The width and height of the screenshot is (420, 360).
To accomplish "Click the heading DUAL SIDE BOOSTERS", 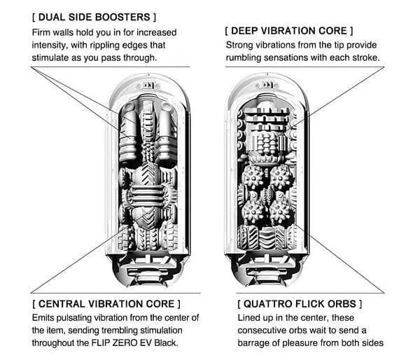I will tap(94, 15).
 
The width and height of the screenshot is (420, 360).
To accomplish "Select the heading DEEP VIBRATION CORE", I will tap(289, 31).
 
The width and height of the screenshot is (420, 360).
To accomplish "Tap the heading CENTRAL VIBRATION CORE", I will tap(106, 304).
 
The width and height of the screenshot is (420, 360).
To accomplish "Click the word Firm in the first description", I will tap(43, 32).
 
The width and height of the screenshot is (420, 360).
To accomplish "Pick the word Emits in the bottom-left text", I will tap(44, 318).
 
